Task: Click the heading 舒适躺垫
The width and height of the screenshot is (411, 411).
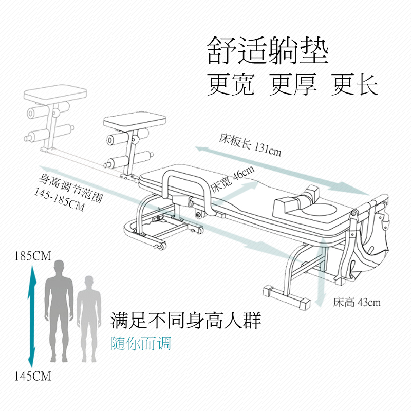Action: tap(268, 50)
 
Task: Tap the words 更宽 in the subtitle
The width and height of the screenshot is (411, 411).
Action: tap(231, 84)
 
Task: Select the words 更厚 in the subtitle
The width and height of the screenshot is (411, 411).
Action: tap(293, 84)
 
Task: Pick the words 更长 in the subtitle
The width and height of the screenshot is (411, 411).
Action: tap(354, 84)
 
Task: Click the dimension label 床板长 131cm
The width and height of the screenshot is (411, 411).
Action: tap(250, 145)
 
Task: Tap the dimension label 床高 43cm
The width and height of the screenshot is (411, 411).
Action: tap(357, 303)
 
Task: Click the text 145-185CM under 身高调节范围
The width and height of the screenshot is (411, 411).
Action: tap(60, 200)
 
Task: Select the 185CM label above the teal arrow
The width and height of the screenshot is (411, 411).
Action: tap(32, 256)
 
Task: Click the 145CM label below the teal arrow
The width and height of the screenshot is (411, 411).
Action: tap(32, 377)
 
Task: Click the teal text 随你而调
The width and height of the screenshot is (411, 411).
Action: tap(141, 343)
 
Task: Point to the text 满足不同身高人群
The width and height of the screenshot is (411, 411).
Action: tap(185, 320)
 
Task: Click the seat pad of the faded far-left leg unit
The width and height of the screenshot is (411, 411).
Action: tap(55, 92)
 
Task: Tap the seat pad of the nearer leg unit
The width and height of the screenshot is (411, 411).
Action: tap(135, 121)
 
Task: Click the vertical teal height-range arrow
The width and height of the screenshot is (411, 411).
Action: tap(32, 316)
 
